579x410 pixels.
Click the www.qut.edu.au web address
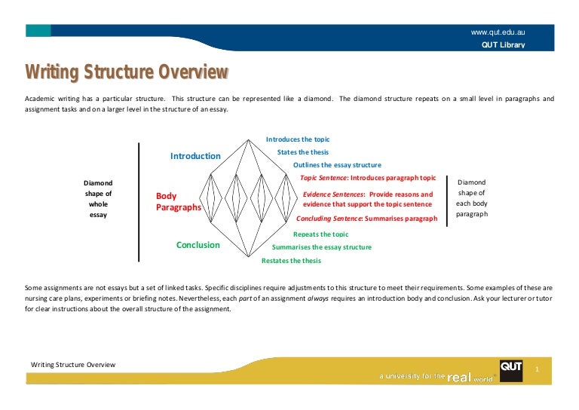[498, 32]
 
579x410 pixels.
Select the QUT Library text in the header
[503, 45]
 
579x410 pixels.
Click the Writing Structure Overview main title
[127, 73]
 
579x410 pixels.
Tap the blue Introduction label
[195, 156]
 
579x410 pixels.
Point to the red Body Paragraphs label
[178, 201]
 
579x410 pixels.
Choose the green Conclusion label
[198, 245]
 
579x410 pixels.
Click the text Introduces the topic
[298, 139]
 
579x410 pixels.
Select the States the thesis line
[308, 152]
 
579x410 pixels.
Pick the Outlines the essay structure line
[337, 165]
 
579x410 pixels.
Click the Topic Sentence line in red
[368, 178]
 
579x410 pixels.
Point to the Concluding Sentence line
[366, 219]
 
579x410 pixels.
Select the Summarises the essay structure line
[321, 247]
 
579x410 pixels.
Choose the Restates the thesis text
[291, 261]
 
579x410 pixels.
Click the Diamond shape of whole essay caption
[98, 198]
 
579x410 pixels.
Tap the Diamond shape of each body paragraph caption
[472, 198]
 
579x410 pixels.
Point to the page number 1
[536, 369]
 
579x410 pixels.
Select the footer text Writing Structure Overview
[73, 365]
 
